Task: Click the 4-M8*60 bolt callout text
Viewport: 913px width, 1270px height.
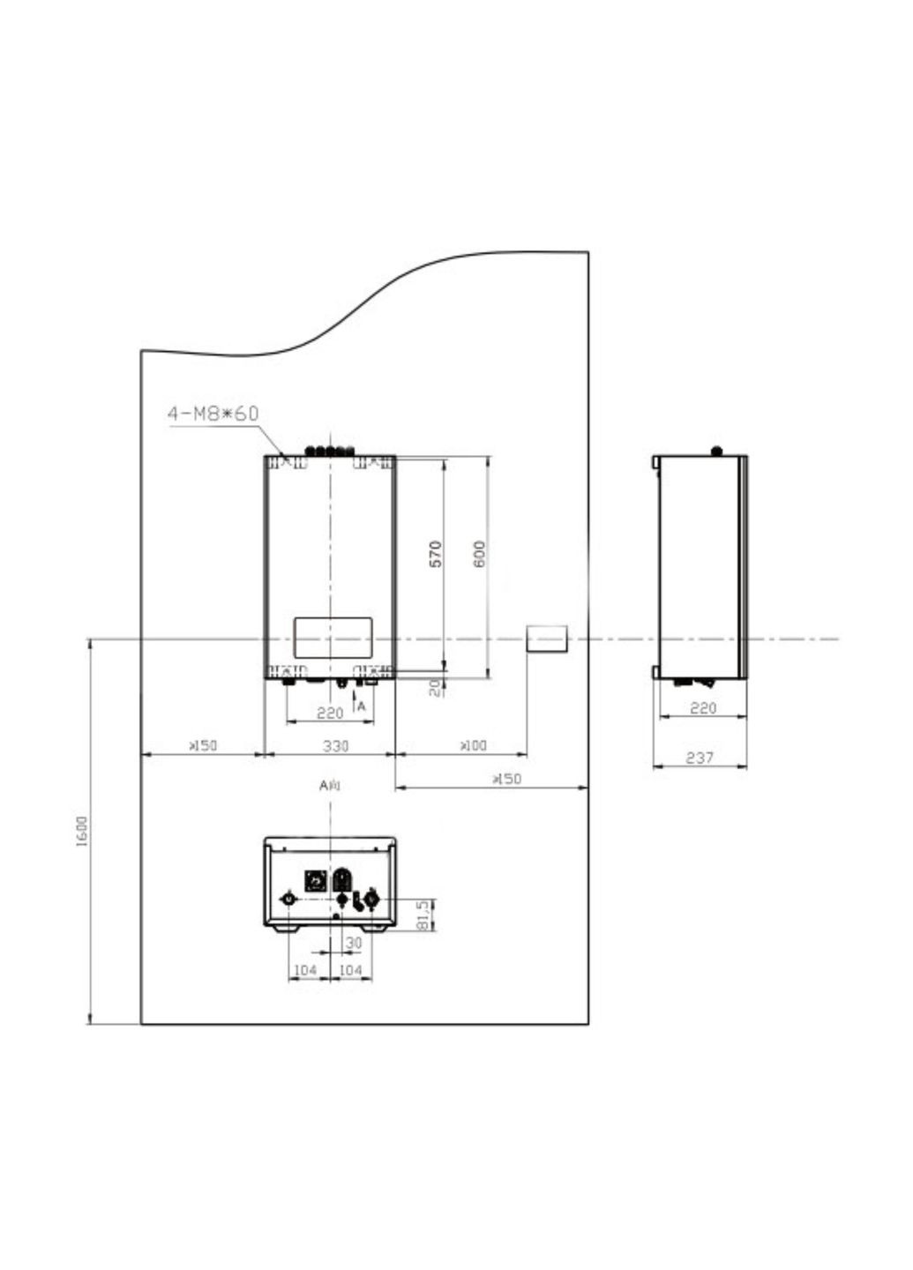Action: pos(213,413)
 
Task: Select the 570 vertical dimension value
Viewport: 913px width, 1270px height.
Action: pos(436,553)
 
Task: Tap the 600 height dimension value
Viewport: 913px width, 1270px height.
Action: pos(479,553)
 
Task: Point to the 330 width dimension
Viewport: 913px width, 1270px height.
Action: pos(335,746)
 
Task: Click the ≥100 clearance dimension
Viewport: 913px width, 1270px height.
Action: pos(473,746)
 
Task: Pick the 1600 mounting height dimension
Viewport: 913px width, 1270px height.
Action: pos(82,832)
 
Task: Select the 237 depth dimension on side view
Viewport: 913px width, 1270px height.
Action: pos(699,758)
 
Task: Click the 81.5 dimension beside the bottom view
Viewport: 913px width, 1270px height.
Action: pos(423,915)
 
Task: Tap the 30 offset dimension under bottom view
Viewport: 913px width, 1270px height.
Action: pos(353,943)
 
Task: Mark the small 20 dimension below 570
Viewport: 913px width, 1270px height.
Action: pos(436,688)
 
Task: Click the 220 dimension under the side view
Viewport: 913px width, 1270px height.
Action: pos(702,707)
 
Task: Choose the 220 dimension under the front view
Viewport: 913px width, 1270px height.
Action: pos(329,713)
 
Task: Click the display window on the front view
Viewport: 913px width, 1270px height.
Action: pos(332,635)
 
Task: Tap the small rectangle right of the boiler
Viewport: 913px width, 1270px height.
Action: pos(547,638)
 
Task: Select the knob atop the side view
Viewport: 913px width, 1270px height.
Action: pos(716,451)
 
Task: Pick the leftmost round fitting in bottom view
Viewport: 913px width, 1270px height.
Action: pos(287,898)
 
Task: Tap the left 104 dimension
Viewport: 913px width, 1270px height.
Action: pos(305,970)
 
